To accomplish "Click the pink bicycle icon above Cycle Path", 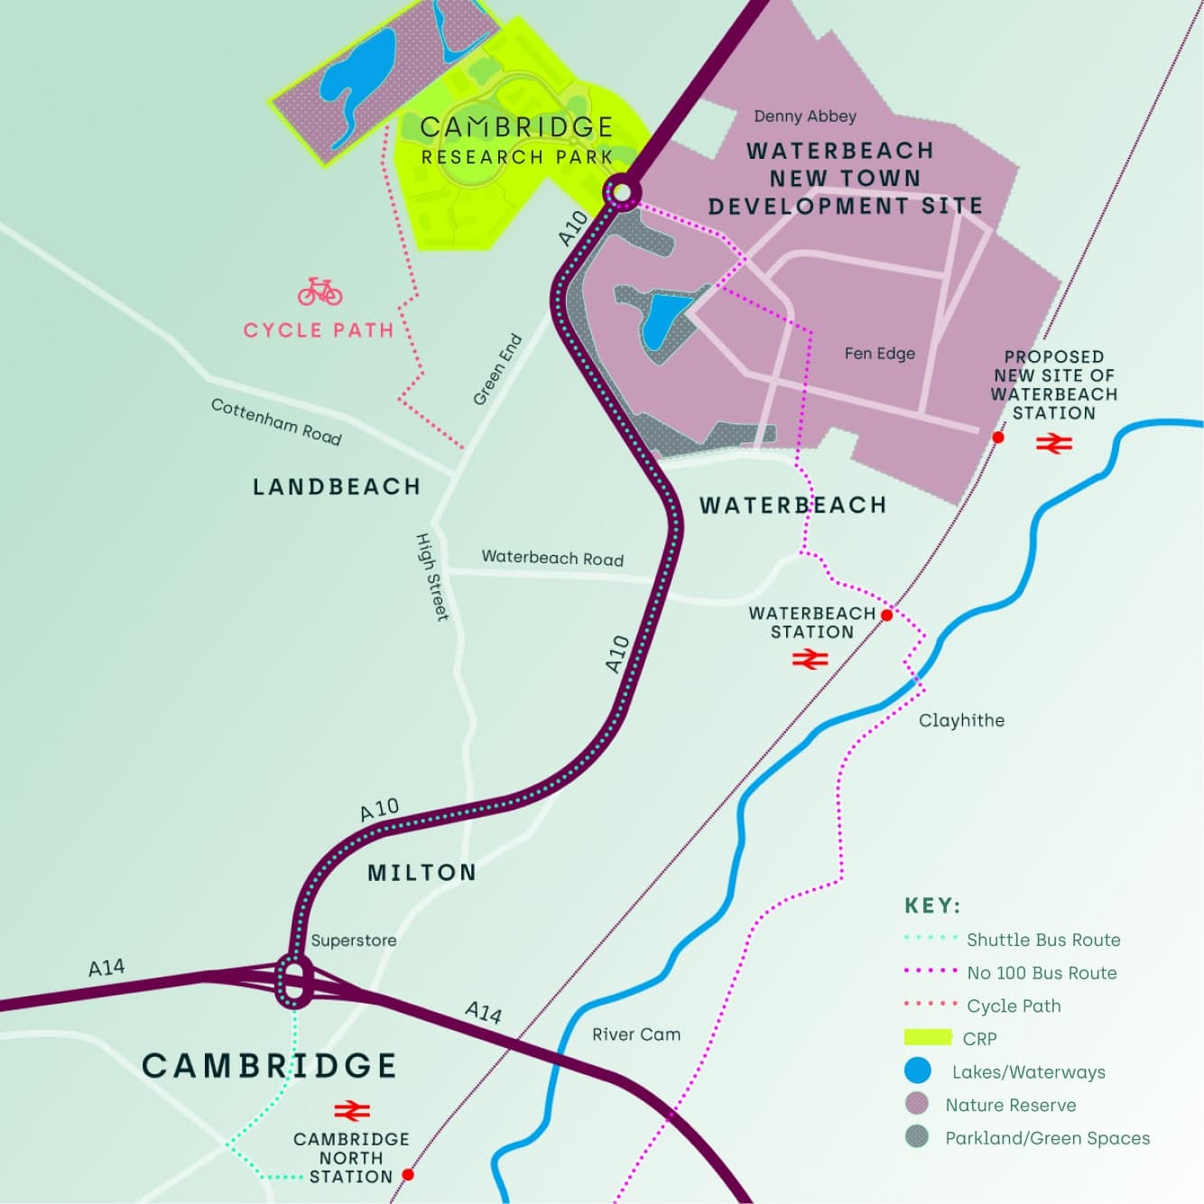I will click(x=320, y=292).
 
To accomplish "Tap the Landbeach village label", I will click(x=337, y=487).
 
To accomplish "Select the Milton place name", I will click(x=421, y=873).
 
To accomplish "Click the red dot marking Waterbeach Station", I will click(x=886, y=615).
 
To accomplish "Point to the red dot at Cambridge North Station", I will click(x=408, y=1174).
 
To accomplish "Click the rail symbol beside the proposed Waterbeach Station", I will click(x=1053, y=443).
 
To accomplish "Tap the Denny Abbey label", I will click(x=805, y=116).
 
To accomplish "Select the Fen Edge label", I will click(x=879, y=354).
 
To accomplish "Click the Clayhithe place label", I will click(x=961, y=720).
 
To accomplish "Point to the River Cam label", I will click(x=636, y=1034).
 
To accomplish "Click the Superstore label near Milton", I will click(x=354, y=940).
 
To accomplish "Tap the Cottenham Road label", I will click(x=276, y=421).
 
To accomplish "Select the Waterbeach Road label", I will click(x=552, y=558).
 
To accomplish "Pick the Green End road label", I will click(x=497, y=370).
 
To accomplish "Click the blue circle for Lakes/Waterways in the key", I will click(x=917, y=1071).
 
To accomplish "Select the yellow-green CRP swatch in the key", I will click(x=928, y=1038).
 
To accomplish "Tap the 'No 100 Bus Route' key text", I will click(x=1042, y=973).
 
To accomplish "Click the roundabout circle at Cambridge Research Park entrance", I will click(x=621, y=192).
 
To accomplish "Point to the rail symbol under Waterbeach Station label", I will click(x=810, y=661).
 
